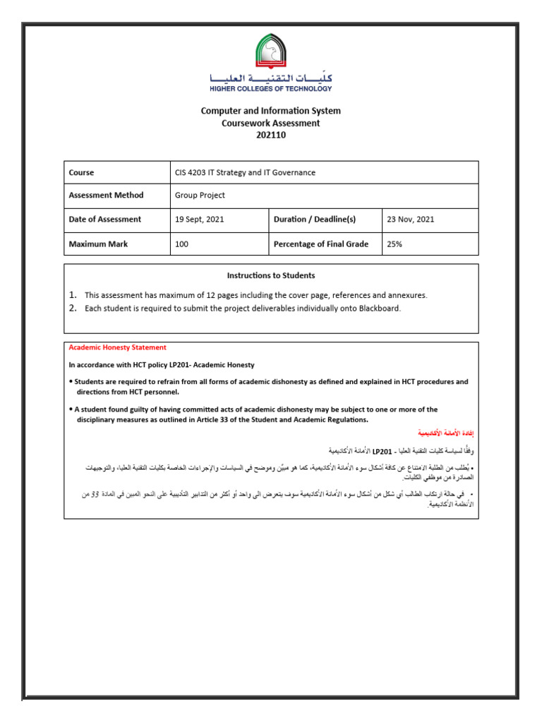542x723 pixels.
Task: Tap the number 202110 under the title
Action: tap(271, 135)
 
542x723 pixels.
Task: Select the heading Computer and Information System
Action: tap(271, 111)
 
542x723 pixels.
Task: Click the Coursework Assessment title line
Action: tap(271, 123)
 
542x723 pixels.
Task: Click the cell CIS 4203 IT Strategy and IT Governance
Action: tap(245, 172)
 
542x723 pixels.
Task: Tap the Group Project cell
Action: tap(200, 196)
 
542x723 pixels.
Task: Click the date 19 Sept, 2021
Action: tap(199, 220)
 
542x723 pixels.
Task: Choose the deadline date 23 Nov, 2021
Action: tap(411, 220)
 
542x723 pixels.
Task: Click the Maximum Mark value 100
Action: tap(182, 244)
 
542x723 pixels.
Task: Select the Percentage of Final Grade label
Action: tap(320, 244)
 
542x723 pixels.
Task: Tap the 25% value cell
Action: tap(395, 244)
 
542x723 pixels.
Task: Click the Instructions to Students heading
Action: tap(271, 275)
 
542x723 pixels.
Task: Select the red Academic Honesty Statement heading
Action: tap(117, 347)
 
